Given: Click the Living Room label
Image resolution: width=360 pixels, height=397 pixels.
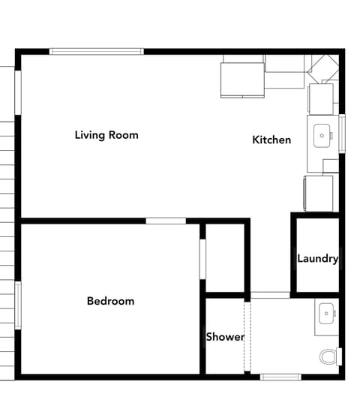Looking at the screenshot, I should [x=106, y=135].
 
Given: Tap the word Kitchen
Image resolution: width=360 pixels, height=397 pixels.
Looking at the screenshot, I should [x=271, y=140].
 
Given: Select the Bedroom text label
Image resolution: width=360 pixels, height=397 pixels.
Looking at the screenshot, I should [x=110, y=301].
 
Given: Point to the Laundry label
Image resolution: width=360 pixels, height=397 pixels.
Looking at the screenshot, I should [x=317, y=259].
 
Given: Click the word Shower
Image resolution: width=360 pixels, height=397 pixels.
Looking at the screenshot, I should [x=225, y=337].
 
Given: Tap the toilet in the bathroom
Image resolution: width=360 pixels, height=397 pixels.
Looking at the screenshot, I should [x=328, y=356].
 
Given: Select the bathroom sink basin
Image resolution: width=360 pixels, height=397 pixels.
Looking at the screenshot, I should [x=326, y=313].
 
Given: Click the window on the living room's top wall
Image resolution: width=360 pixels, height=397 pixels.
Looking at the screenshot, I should [x=96, y=51].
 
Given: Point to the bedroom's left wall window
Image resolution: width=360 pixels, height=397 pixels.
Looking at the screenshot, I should [x=18, y=305].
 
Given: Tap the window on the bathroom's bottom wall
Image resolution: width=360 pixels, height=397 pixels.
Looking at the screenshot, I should [x=280, y=376].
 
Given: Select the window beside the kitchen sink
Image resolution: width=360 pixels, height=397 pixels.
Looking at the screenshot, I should [x=342, y=134].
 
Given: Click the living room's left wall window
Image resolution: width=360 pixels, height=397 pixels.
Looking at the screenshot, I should [x=18, y=92].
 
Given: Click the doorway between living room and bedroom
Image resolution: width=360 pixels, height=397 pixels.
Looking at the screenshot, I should [x=166, y=221].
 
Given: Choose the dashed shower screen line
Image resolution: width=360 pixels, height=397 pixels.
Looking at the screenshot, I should [x=246, y=336].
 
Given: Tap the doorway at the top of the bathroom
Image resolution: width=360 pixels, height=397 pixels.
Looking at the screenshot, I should [x=269, y=295].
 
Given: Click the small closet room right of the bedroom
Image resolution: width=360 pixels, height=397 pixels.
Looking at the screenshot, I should [x=225, y=257].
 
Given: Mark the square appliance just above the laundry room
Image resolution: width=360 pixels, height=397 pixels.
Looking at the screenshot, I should [x=319, y=194].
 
